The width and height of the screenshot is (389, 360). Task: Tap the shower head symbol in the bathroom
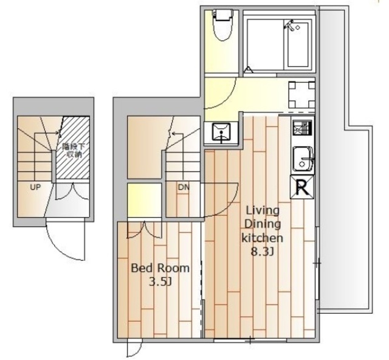[291, 26]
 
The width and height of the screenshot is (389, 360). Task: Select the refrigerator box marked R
[302, 187]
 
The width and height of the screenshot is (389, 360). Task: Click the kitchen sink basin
[303, 159]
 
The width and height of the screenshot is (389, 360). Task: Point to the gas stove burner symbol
[302, 128]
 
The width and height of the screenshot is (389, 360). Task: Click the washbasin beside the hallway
[221, 133]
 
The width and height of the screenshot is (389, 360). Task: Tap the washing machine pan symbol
[301, 95]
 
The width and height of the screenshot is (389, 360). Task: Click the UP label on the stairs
[35, 187]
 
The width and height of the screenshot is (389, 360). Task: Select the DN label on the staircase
[184, 187]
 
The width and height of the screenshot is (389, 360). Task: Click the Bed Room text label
[160, 268]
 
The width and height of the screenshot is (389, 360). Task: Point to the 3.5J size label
[160, 282]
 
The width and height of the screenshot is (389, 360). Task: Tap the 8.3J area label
[263, 252]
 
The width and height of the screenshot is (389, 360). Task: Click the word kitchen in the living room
[262, 238]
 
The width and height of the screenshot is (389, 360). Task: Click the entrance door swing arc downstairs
[65, 246]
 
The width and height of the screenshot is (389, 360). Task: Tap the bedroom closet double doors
[145, 230]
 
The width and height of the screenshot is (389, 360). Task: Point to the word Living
[263, 211]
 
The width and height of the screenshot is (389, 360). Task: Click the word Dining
[263, 224]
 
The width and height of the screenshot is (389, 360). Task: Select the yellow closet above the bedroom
[145, 200]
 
